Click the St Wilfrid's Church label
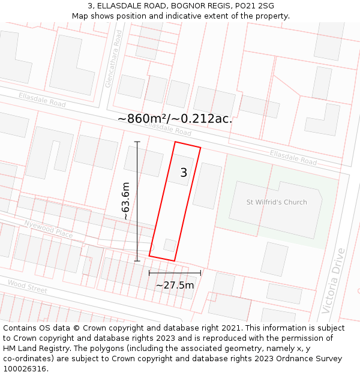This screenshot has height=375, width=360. (x=277, y=202)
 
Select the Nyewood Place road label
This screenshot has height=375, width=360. (x=48, y=229)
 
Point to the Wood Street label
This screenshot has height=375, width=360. (x=27, y=286)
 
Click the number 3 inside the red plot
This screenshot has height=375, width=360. (x=184, y=173)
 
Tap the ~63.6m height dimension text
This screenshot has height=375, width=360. (x=125, y=201)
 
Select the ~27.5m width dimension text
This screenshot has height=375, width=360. (x=175, y=285)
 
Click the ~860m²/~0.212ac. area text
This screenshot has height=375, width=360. (x=175, y=119)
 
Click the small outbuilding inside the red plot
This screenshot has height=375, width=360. (x=170, y=245)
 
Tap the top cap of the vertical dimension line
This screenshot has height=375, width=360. (x=137, y=142)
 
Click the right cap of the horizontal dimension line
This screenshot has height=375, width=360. (x=200, y=273)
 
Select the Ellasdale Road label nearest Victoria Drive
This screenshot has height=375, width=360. (x=293, y=157)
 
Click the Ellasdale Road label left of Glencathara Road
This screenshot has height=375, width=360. (x=42, y=100)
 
